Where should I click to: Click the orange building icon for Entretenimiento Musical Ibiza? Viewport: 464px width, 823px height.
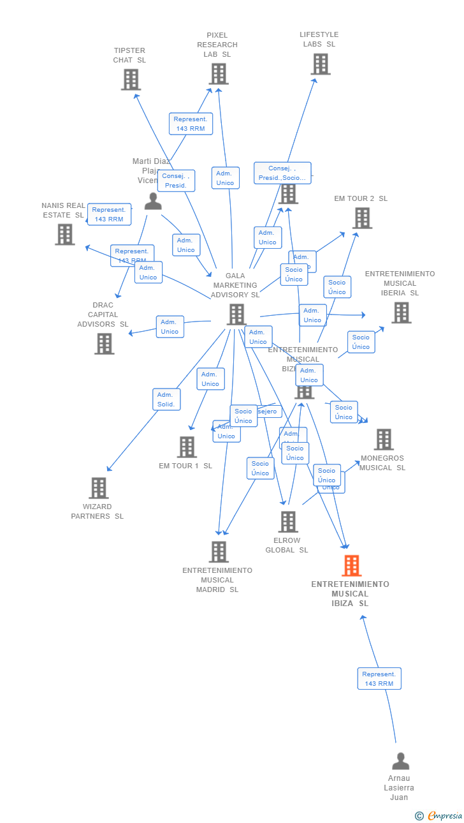tap(351, 566)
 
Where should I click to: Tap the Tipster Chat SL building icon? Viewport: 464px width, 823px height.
tap(131, 80)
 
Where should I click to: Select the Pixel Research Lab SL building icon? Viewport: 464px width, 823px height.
tap(219, 74)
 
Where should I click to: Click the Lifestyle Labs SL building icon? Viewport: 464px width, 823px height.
tap(321, 64)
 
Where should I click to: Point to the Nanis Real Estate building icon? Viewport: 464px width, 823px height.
tap(64, 234)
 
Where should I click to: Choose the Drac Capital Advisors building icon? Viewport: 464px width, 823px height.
tap(105, 343)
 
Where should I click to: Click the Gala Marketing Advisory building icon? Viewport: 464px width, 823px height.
tap(236, 315)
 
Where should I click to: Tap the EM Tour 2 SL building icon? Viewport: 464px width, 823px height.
tap(362, 218)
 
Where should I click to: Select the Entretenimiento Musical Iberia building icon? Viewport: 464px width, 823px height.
tap(401, 313)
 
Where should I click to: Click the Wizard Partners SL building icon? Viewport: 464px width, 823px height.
tap(99, 488)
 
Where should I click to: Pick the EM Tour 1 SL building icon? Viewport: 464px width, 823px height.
tap(187, 447)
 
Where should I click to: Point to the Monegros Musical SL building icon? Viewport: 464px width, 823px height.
tap(384, 440)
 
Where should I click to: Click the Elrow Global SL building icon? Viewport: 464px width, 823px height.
tap(288, 522)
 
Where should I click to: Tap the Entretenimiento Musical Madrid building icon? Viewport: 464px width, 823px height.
tap(219, 552)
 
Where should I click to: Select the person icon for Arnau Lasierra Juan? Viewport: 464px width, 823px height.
tap(400, 761)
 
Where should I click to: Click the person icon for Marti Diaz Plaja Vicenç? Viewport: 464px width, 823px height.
tap(153, 201)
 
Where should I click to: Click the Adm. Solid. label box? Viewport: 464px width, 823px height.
tap(167, 399)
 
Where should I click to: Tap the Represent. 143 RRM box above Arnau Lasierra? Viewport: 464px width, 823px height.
tap(379, 678)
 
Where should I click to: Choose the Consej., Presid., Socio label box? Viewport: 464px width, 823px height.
tap(282, 173)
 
